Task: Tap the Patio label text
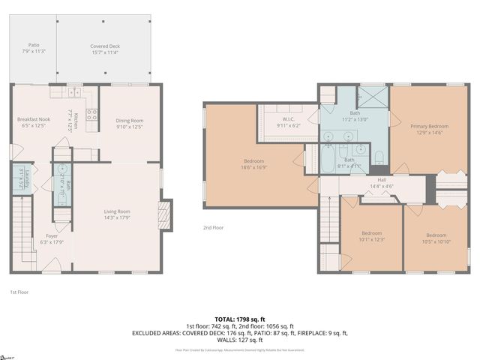click(x=33, y=46)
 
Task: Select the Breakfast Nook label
click(x=33, y=119)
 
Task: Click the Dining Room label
click(x=130, y=120)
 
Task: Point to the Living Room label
click(x=117, y=211)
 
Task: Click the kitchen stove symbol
click(x=91, y=115)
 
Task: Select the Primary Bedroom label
click(x=429, y=127)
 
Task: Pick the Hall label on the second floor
click(x=381, y=180)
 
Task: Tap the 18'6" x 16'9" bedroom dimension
click(x=253, y=168)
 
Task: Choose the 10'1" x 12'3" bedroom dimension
click(x=372, y=239)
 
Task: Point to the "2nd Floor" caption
click(x=213, y=227)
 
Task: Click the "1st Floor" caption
click(x=19, y=292)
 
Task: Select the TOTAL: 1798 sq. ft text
click(x=240, y=319)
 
